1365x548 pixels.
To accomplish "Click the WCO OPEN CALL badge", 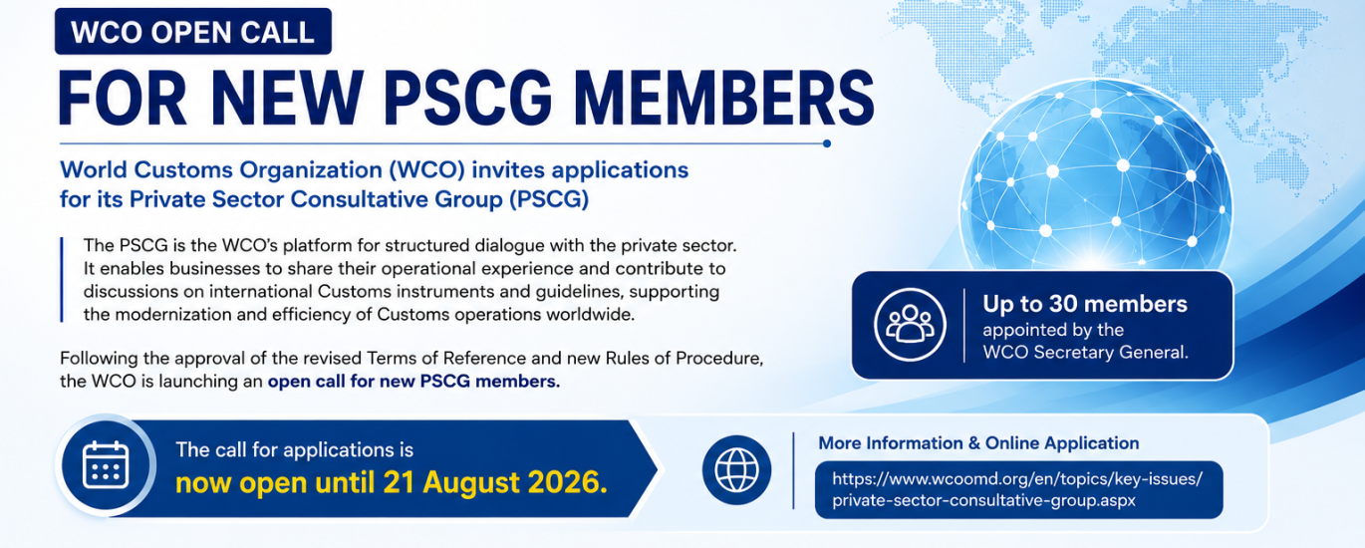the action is pos(193,32).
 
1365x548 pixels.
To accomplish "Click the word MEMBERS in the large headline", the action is pos(724,98).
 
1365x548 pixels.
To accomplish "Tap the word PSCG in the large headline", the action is pos(467,98).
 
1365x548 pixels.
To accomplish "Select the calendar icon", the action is pos(106,465).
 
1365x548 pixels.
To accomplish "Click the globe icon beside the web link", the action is pos(736,470).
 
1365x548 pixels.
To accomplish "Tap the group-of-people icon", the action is pos(910,325).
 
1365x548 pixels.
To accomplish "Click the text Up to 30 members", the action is pos(1085,304).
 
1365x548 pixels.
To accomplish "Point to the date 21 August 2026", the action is pos(495,482).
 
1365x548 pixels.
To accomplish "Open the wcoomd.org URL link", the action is pos(1018,489).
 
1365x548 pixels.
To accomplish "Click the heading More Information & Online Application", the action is pos(978,443).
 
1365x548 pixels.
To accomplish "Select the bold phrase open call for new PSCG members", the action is pos(413,382).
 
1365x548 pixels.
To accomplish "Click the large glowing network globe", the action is pos(1095,176).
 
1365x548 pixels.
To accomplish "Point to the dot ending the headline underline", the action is pos(826,143).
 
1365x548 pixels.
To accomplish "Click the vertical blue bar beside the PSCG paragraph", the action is pos(62,279).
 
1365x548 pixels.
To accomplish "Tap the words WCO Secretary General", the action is pos(1085,353).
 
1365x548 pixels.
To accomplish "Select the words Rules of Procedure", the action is pos(684,358).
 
